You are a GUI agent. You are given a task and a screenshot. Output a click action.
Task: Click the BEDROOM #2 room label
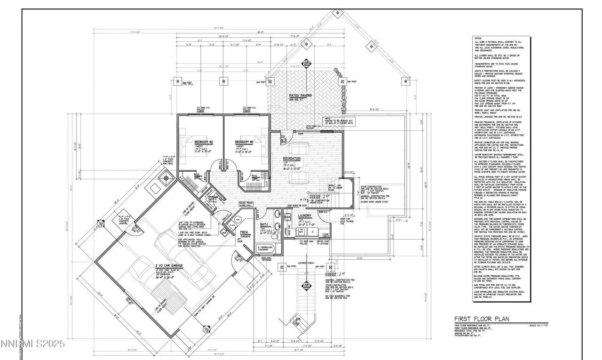(205, 142)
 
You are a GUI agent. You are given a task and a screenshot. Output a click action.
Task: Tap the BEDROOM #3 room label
(244, 142)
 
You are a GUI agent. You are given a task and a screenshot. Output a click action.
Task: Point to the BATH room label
(264, 225)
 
